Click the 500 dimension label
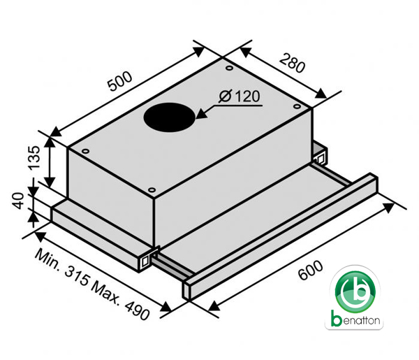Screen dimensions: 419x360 119,81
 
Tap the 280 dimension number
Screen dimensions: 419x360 292,63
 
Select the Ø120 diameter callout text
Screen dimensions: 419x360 239,96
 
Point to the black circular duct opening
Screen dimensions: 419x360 170,117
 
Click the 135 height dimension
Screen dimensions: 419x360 34,158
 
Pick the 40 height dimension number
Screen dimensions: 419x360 18,201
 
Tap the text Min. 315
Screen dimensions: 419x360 62,267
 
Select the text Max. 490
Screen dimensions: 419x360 120,301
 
